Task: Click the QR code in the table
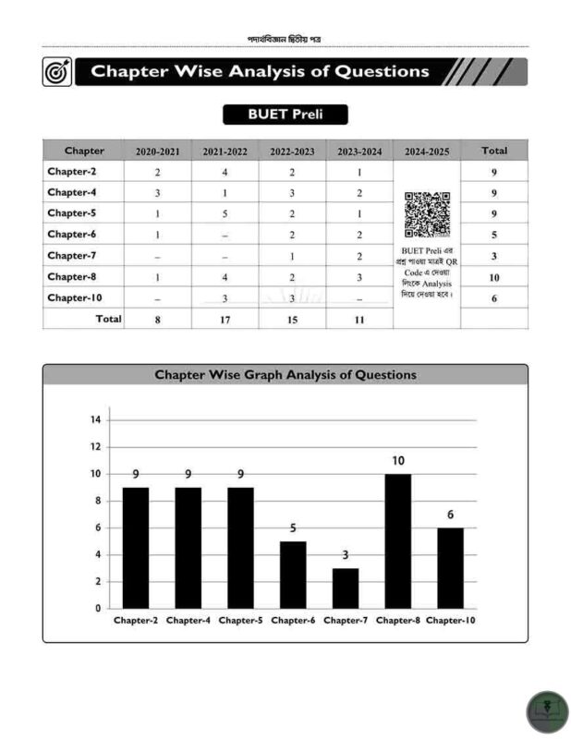point(427,214)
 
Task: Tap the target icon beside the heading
point(56,72)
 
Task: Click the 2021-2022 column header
point(225,151)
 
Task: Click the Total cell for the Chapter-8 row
point(494,276)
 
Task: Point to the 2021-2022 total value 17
point(225,319)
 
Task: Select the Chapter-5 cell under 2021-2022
point(225,213)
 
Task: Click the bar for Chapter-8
point(397,540)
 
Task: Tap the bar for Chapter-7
point(346,588)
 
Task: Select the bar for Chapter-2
point(136,547)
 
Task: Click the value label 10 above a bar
point(397,460)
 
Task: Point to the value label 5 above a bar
point(293,528)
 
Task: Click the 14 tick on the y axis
point(95,419)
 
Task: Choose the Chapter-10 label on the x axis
point(451,620)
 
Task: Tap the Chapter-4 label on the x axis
point(188,620)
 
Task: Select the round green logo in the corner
point(547,712)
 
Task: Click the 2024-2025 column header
point(427,151)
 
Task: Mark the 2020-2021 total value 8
point(157,319)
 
